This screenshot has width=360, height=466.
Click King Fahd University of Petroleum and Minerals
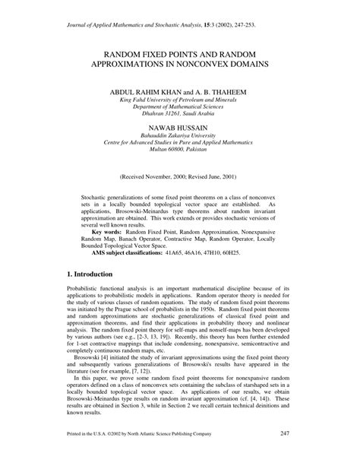(x=180, y=100)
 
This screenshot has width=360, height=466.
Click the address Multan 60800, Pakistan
(x=180, y=155)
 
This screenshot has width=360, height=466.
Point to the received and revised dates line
(x=180, y=178)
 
